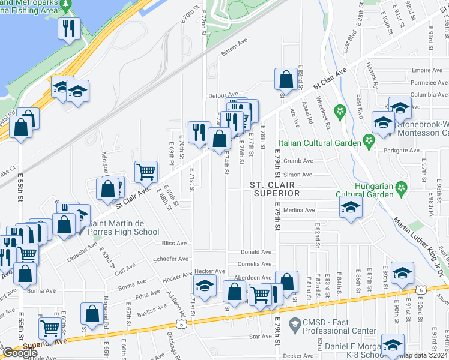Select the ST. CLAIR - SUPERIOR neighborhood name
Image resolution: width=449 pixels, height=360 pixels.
276,189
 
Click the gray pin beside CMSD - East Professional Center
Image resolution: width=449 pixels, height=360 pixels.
294,326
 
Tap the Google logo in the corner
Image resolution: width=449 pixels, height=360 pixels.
20,353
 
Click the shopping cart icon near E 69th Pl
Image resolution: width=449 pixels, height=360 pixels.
146,172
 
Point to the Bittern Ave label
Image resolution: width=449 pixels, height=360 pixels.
235,52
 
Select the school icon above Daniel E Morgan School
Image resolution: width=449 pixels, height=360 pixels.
393,344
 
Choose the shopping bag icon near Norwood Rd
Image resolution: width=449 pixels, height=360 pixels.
92,313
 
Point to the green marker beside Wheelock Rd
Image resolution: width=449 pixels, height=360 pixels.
340,110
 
